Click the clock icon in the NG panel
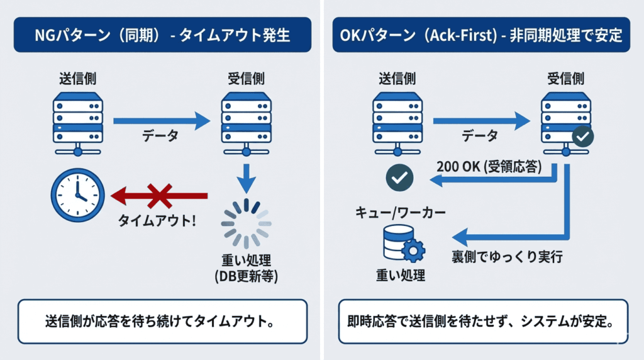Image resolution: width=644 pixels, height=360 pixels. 77,194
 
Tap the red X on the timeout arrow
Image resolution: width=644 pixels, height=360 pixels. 160,196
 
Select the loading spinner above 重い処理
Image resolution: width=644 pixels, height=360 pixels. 246,223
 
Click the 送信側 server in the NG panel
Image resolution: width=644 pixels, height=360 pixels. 77,123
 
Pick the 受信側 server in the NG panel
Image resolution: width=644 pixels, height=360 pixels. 246,123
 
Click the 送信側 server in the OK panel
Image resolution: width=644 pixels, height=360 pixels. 398,123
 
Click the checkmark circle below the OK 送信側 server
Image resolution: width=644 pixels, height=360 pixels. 399,179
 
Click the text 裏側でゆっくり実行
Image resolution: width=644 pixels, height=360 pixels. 506,257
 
